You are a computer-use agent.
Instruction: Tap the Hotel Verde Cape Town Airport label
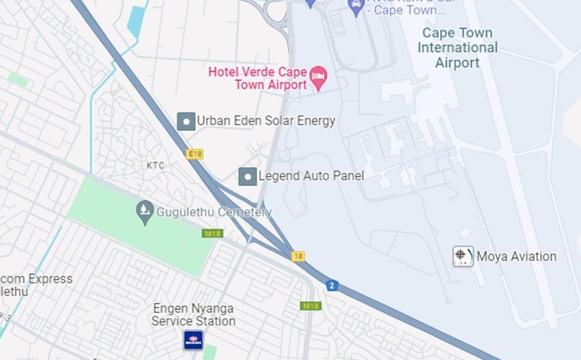258,78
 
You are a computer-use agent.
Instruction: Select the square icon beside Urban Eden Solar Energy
186,121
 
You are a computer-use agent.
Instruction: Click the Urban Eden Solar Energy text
266,121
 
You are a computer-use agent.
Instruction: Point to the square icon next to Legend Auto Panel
248,176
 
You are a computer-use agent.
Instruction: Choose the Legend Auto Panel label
311,176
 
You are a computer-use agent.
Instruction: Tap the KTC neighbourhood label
155,166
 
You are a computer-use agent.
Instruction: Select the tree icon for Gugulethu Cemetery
145,212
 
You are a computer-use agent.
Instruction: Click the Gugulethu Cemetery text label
214,212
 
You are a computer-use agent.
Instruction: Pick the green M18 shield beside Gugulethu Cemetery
212,234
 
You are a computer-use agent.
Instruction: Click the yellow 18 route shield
299,256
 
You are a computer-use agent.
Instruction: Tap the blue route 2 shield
332,286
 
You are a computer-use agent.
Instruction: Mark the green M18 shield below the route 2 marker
310,306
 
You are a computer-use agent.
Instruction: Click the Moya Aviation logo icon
463,256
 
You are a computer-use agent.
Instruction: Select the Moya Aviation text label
516,256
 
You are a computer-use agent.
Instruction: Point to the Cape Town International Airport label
457,48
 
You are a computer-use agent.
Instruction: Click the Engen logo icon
193,340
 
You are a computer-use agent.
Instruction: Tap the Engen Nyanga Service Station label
194,315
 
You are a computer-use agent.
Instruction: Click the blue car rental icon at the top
356,9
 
